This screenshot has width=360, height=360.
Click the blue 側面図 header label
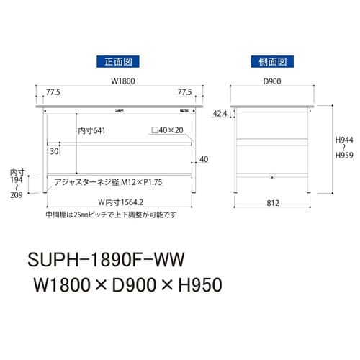(x=270, y=61)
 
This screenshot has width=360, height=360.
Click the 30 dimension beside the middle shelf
(x=54, y=153)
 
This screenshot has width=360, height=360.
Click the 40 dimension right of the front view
(x=204, y=160)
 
